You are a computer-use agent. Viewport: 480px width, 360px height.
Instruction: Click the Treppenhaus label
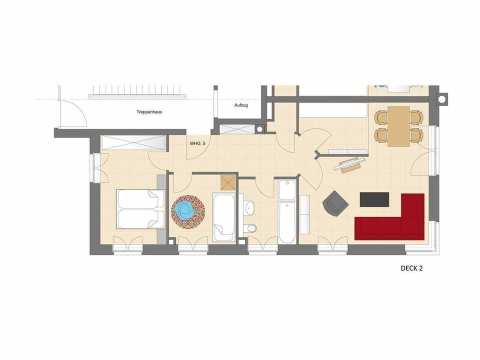pos(149,112)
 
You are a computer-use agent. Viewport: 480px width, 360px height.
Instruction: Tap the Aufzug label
pos(241,105)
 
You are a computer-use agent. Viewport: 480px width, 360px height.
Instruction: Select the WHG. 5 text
pos(197,143)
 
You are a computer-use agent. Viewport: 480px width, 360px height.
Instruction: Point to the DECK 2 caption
pos(412,268)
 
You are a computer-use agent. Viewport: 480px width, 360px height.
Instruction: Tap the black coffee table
pos(374,199)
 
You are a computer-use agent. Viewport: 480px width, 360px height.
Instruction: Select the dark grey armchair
pos(335,202)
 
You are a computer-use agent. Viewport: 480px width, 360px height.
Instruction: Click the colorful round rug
pos(188,211)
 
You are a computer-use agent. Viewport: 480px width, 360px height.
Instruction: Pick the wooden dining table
pos(398,125)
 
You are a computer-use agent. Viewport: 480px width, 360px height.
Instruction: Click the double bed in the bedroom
pos(140,208)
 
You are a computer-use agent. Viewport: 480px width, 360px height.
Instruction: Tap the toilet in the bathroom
pos(250,228)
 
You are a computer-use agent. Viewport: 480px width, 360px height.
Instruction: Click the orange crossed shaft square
pos(228,182)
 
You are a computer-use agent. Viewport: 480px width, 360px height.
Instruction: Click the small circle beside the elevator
pos(259,128)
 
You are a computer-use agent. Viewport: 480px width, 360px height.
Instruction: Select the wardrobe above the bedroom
pos(133,142)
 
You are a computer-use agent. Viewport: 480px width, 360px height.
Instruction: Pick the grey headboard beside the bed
pos(161,208)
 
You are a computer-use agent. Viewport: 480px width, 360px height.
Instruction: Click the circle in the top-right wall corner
pos(442,99)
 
